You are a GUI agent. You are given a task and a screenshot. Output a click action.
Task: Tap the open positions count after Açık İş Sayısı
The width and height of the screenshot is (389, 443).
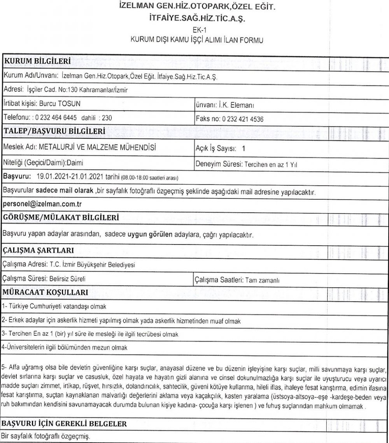244,148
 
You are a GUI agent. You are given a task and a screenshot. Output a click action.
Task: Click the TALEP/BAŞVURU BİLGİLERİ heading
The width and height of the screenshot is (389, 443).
54,132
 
